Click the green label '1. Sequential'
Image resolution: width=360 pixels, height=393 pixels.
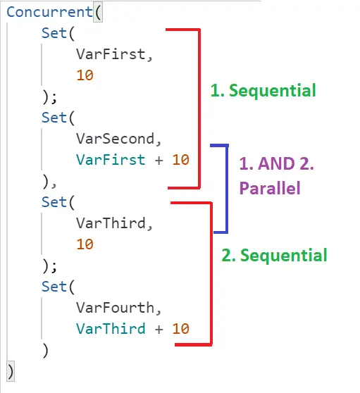pos(263,91)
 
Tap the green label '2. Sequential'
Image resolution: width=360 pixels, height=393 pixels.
pos(274,255)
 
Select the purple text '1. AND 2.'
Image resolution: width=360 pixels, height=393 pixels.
pos(275,163)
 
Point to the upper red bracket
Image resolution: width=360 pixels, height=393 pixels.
pos(199,108)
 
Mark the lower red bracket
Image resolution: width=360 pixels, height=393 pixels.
pos(210,274)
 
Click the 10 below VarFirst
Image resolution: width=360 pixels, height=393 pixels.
pos(85,75)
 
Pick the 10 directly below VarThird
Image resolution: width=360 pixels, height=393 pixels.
pos(85,244)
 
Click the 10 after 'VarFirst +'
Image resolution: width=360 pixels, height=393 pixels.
pos(180,160)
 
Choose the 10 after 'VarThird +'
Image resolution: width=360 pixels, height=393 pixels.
pos(180,329)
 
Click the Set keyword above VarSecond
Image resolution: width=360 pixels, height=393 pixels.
pos(54,118)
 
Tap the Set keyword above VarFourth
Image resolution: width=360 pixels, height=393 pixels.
pos(54,287)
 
